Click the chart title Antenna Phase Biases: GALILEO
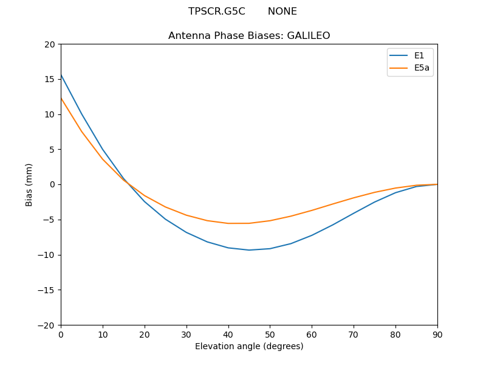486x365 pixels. click(249, 36)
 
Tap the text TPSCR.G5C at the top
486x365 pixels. click(216, 12)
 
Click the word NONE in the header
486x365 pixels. click(282, 12)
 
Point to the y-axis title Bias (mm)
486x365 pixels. click(29, 184)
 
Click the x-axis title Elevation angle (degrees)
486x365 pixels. click(249, 346)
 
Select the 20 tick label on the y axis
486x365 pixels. click(50, 44)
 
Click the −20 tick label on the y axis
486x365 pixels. click(47, 325)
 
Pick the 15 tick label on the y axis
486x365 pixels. click(50, 79)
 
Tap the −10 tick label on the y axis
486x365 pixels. click(47, 255)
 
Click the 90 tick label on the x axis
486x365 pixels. click(437, 335)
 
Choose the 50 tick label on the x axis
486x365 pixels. click(270, 335)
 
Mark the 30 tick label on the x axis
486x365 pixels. click(187, 335)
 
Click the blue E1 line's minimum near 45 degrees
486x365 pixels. click(249, 250)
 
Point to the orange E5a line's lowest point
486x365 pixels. click(239, 223)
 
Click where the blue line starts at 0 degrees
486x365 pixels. click(61, 74)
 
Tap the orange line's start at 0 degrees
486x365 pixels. click(61, 98)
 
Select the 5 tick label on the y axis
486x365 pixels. click(52, 150)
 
